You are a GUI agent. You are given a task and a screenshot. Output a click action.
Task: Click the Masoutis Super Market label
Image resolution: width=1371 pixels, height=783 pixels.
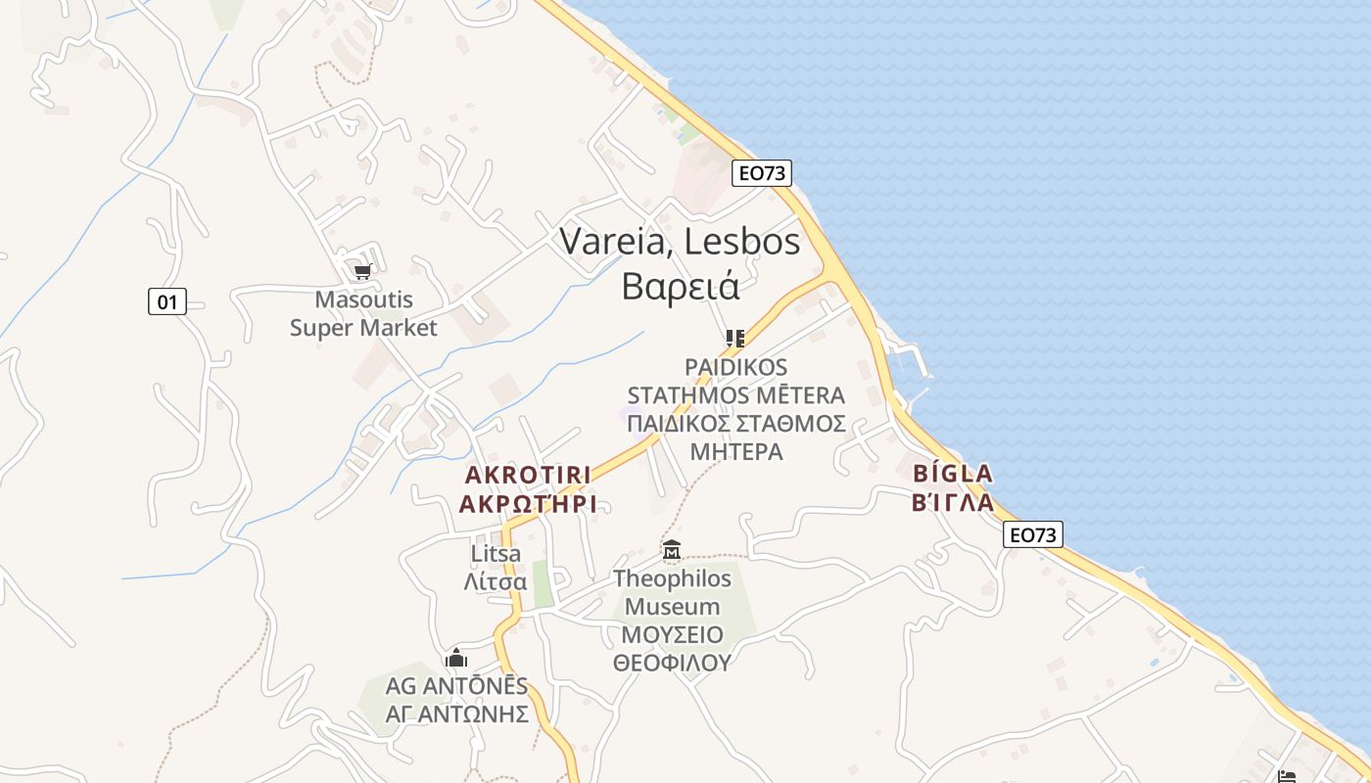363,313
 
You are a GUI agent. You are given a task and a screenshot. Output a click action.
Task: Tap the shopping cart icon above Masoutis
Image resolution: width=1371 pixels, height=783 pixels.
362,271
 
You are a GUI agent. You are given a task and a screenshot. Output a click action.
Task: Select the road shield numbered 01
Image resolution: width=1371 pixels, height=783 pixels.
167,301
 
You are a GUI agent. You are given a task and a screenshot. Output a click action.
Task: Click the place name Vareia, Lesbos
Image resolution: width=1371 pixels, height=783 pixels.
680,242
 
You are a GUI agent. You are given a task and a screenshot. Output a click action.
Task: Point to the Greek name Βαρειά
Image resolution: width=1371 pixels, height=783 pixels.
680,286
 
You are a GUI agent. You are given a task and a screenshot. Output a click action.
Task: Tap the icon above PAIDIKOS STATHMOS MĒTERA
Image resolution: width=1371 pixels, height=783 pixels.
735,339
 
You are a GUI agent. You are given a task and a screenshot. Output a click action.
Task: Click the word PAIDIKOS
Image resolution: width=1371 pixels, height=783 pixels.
735,367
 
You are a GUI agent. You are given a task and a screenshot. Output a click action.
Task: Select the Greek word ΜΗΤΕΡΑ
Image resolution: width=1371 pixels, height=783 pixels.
736,452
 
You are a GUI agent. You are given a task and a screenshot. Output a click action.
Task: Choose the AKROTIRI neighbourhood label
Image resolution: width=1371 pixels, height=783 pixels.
528,476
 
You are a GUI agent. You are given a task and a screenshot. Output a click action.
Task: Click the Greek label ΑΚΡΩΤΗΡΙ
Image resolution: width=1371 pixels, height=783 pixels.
528,505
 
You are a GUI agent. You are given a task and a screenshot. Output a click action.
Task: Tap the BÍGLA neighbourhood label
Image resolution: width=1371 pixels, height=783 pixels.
953,474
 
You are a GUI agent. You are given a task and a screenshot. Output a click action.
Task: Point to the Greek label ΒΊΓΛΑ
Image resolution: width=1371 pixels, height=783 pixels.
953,503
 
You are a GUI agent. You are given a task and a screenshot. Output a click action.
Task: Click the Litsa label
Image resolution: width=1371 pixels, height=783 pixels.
496,554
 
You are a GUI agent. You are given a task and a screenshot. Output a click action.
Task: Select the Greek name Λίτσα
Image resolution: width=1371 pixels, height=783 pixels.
496,582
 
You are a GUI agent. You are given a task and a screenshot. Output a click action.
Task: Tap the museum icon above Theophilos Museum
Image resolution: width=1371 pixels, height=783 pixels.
672,551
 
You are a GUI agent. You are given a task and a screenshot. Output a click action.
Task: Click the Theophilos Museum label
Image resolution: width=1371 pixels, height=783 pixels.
672,592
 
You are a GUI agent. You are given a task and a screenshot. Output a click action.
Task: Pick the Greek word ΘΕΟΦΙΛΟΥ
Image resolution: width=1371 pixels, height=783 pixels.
672,663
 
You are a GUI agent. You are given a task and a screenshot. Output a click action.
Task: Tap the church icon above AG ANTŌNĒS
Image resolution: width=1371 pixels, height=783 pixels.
456,658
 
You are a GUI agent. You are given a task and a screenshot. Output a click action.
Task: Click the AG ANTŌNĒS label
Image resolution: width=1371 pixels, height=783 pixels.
456,685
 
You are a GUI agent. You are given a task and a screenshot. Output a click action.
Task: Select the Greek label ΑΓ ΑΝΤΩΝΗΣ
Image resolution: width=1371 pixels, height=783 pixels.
456,714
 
